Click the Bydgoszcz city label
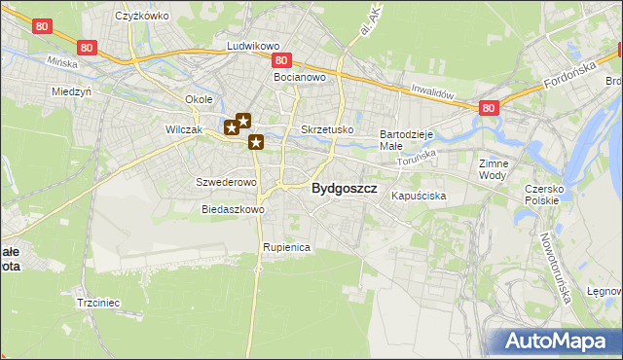click(x=344, y=190)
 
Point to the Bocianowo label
click(x=298, y=76)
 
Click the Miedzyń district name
click(x=70, y=91)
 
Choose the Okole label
click(x=199, y=100)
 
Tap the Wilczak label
click(x=183, y=129)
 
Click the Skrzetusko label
click(x=327, y=129)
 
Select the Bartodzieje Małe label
click(x=405, y=139)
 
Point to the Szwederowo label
click(x=226, y=182)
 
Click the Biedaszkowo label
click(x=233, y=209)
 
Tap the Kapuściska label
click(x=419, y=197)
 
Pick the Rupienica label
click(x=286, y=248)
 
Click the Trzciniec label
click(x=97, y=303)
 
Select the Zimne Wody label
click(x=494, y=170)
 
